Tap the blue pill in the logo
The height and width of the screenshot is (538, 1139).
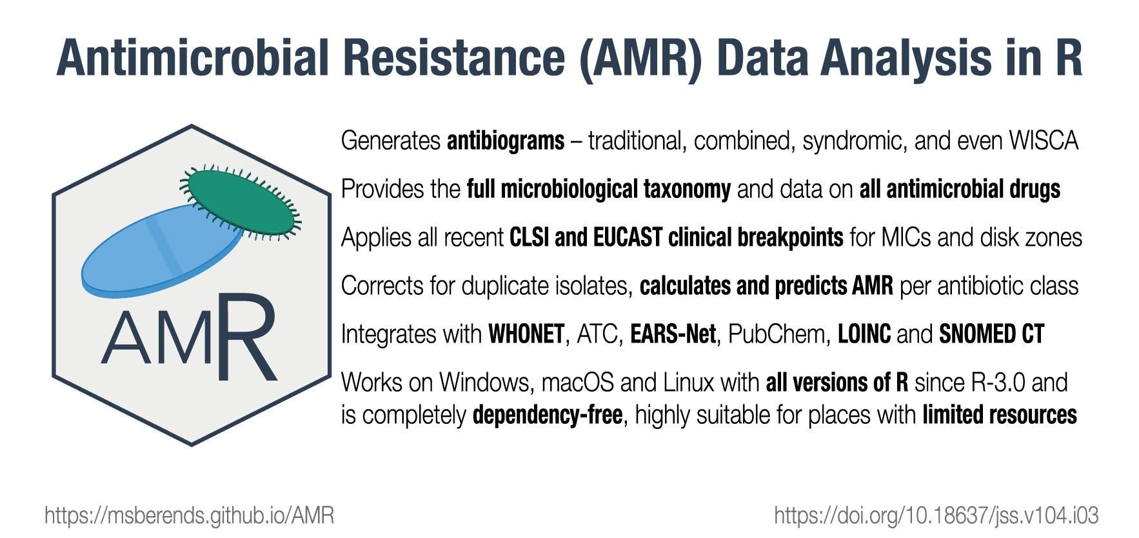click(x=161, y=252)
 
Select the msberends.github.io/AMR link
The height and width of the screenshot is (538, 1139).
click(x=190, y=515)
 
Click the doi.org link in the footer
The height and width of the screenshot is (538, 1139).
click(x=936, y=515)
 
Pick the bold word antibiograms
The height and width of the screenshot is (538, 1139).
click(x=506, y=141)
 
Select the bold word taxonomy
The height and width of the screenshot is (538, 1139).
click(x=687, y=190)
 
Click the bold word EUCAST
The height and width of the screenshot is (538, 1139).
click(x=628, y=237)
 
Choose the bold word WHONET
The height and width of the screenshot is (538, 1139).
click(x=526, y=334)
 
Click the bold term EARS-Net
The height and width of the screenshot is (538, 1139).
click(x=673, y=334)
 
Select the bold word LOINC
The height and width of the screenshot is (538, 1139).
click(x=864, y=334)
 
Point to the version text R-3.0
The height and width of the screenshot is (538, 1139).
click(x=998, y=383)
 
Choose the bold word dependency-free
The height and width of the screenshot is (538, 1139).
click(x=548, y=415)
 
